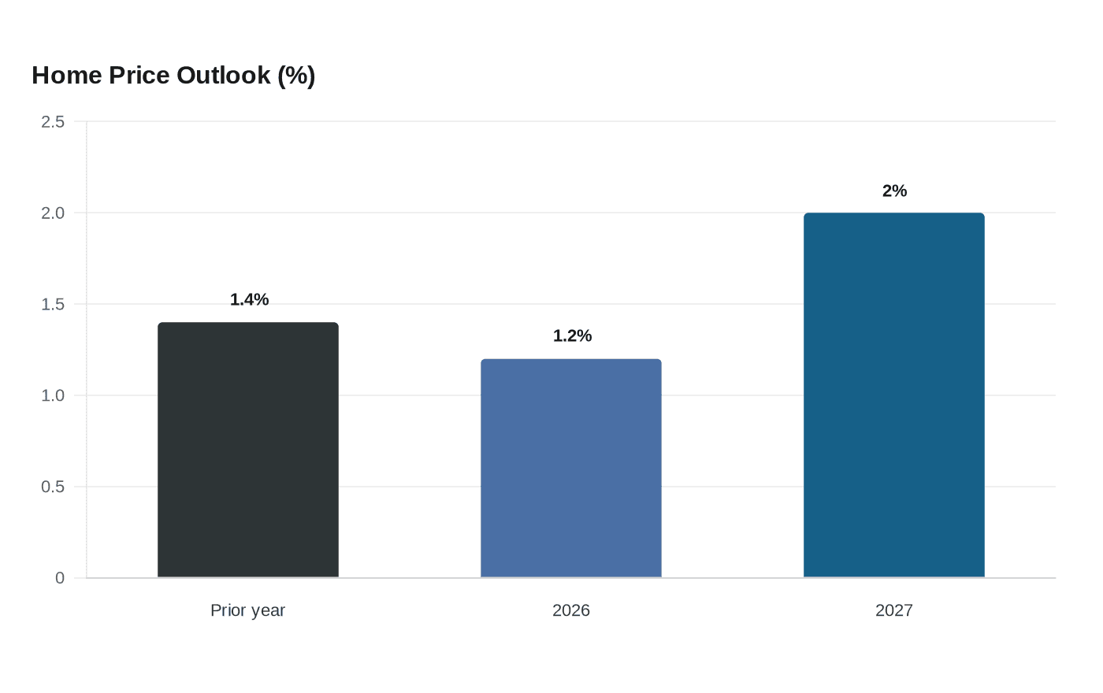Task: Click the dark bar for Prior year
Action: [248, 450]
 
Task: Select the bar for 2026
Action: [571, 468]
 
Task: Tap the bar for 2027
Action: [894, 395]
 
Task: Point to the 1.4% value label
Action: [249, 299]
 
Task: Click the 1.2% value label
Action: [572, 335]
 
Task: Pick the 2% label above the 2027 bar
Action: [894, 191]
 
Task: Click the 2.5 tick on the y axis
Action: [53, 121]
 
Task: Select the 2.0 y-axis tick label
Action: [53, 213]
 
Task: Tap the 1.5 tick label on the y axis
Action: [53, 304]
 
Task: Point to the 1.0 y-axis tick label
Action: [53, 395]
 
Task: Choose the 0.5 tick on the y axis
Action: [53, 487]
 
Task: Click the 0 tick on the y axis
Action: [60, 578]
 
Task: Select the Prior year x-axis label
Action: [247, 610]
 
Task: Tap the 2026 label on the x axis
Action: [571, 610]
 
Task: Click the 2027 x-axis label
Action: [894, 610]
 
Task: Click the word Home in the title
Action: [67, 76]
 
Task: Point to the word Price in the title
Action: [139, 76]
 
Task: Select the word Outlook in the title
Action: [224, 76]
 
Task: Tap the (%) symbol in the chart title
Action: [296, 76]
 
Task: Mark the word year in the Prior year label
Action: [266, 612]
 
